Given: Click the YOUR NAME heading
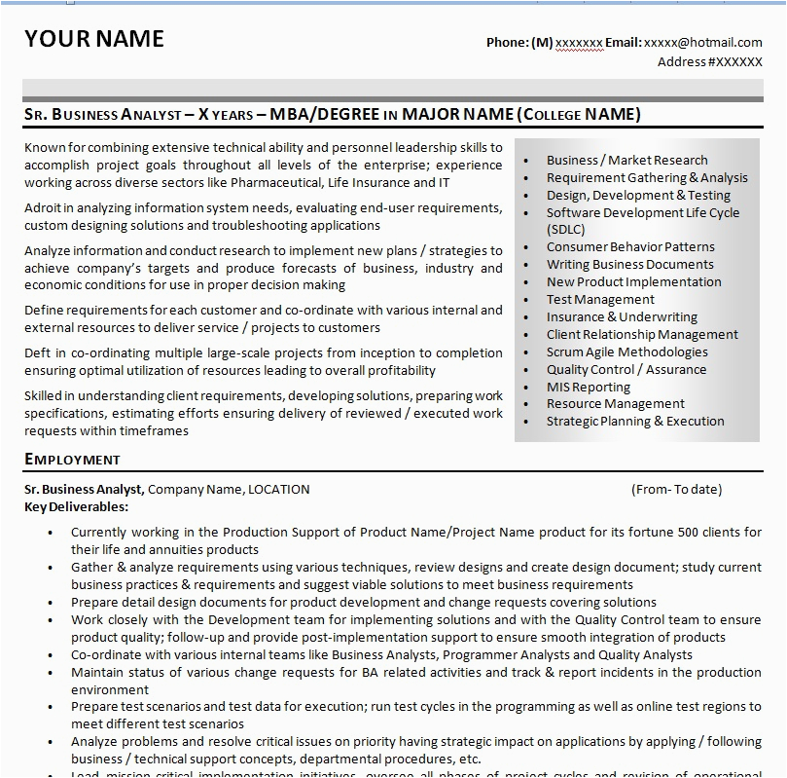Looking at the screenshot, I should (x=94, y=39).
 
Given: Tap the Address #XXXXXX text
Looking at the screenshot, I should (x=709, y=62).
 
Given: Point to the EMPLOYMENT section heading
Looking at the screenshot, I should (x=72, y=459).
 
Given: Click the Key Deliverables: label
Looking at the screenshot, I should (x=76, y=506).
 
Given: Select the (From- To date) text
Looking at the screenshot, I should (x=676, y=490).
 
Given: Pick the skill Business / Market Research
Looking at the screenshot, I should (x=626, y=161).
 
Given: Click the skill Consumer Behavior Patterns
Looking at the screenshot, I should (x=629, y=247).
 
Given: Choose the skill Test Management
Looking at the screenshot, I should (x=599, y=300).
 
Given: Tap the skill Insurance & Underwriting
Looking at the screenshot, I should (x=621, y=317).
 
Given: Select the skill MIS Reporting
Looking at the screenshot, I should (x=588, y=387).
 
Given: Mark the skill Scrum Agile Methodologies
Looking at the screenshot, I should (x=626, y=352).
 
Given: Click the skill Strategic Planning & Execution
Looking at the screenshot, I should (x=634, y=422).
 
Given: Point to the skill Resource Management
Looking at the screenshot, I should (x=615, y=404).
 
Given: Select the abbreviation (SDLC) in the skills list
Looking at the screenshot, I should (x=567, y=230).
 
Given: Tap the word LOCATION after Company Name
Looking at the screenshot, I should (x=278, y=490).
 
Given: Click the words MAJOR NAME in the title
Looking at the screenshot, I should (x=456, y=115).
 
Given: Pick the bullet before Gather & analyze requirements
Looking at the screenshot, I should (x=50, y=568).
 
